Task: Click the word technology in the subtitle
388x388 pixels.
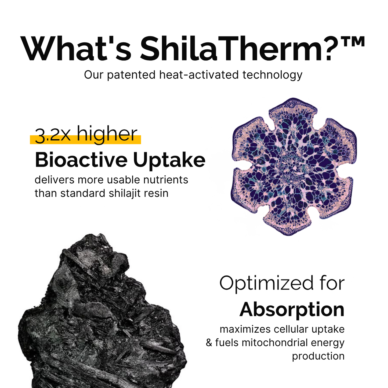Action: [273, 75]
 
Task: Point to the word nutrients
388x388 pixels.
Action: [166, 180]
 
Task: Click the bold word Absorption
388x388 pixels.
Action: [292, 310]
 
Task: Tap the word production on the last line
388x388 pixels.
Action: [318, 356]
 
